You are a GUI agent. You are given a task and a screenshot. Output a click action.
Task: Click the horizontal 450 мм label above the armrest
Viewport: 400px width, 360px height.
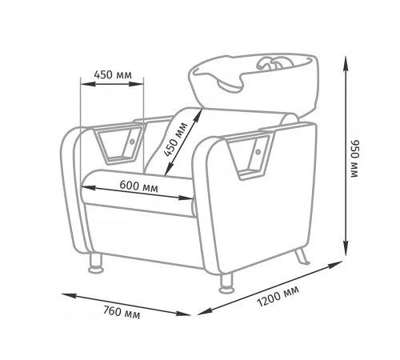click(x=113, y=74)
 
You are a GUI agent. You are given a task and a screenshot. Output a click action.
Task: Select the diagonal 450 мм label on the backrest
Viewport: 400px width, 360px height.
click(x=175, y=140)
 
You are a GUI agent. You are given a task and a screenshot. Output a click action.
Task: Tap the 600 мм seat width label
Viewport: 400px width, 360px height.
click(x=138, y=186)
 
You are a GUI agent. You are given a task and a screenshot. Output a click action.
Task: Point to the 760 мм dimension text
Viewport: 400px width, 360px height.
click(x=122, y=312)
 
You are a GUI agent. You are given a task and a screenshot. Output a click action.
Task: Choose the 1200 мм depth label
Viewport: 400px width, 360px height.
click(x=278, y=297)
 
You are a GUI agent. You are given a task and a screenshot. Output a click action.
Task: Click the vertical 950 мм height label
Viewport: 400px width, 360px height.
click(x=355, y=158)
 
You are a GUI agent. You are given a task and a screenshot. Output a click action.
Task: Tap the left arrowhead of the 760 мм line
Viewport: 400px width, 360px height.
click(x=69, y=296)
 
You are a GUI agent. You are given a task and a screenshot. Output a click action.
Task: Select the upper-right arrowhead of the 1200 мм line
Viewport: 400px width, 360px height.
click(x=335, y=265)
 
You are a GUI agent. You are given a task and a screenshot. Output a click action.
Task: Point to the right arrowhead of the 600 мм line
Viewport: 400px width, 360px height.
click(x=186, y=198)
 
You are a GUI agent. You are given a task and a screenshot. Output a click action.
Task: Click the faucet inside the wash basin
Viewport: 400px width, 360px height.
click(x=274, y=63)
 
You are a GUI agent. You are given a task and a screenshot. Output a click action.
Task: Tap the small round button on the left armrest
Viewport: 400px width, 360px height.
click(x=132, y=142)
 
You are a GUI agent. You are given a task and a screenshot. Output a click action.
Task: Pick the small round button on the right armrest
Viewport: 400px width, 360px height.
click(x=258, y=152)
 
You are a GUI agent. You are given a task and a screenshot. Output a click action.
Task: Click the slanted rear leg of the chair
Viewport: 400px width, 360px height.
click(x=302, y=256)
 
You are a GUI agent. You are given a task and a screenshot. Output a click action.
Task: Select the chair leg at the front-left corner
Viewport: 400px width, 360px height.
click(x=96, y=263)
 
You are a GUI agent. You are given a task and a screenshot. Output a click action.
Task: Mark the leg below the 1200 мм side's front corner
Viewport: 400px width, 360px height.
click(x=226, y=282)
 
